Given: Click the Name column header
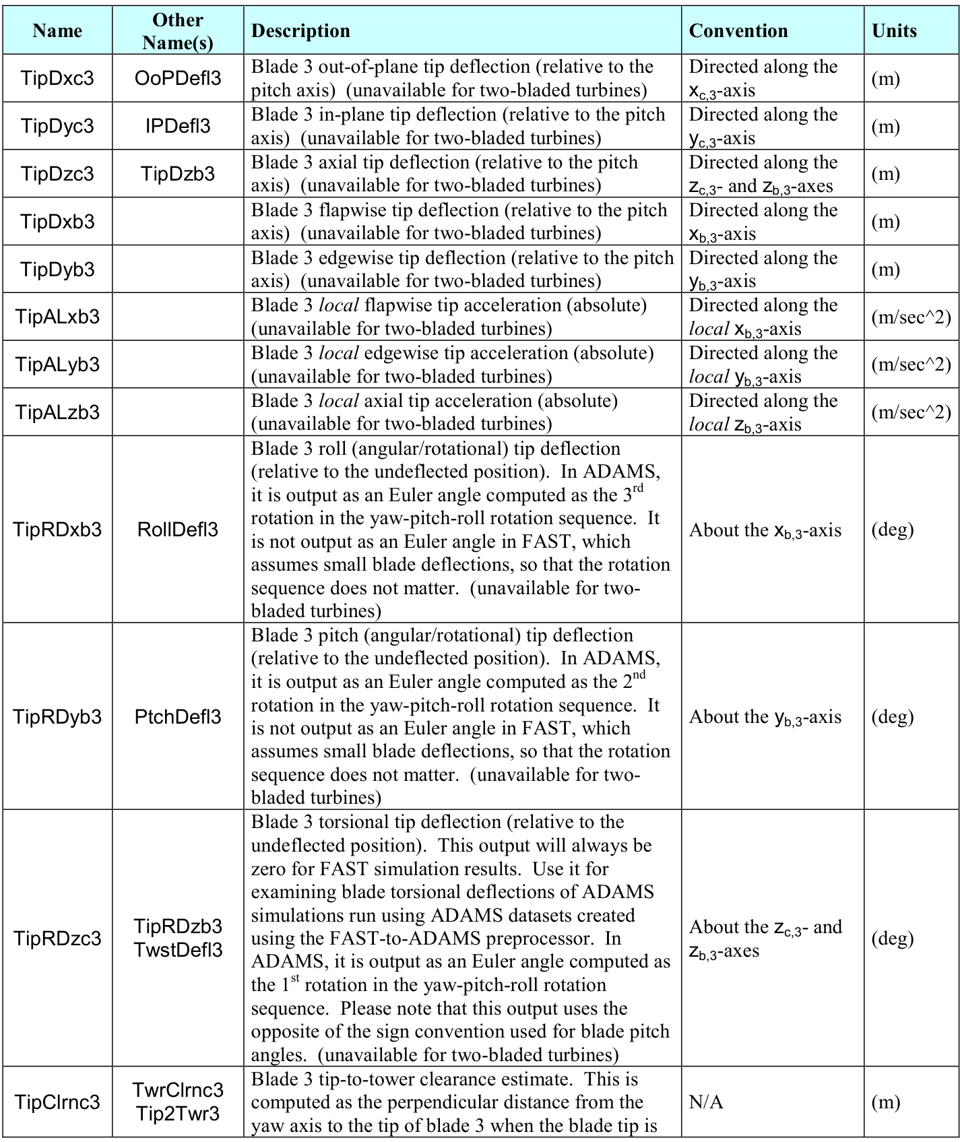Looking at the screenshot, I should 57,31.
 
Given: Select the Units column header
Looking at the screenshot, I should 894,31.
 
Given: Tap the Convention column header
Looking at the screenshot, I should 738,31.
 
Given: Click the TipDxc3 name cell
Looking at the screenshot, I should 57,78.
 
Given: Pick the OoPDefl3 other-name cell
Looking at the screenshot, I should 178,78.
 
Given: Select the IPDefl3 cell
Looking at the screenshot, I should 178,126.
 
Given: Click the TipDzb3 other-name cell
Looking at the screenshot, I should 178,174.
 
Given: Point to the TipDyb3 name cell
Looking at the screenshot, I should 57,269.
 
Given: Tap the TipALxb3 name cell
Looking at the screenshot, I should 57,317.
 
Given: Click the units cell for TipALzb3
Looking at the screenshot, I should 911,412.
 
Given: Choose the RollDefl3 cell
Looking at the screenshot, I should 178,530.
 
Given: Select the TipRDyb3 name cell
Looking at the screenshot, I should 57,717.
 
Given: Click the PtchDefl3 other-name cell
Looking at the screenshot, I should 178,717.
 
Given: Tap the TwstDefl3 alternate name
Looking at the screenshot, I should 178,950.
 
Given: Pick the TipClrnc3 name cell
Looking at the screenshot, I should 57,1102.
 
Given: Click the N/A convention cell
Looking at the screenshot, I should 706,1102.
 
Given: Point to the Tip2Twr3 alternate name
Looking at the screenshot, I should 178,1114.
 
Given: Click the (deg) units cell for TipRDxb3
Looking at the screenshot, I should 893,530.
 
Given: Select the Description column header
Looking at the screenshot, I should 300,31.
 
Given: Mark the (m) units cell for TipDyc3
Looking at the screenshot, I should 886,126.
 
